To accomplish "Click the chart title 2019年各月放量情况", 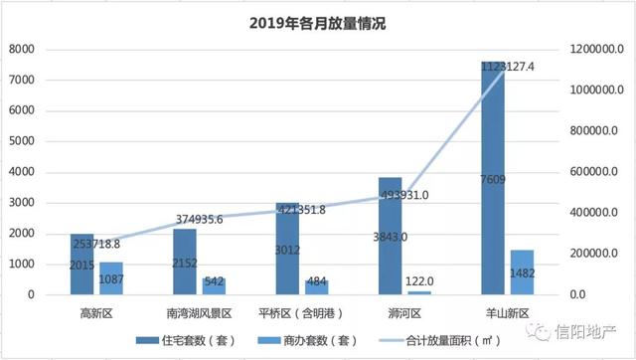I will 317,22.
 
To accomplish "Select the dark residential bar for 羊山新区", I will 493,179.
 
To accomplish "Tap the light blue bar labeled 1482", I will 523,272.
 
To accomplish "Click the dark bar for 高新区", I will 81,265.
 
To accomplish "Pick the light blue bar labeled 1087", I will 111,278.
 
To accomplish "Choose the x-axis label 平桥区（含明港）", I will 302,312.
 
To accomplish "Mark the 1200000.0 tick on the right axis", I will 598,49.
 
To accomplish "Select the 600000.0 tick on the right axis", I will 596,172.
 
